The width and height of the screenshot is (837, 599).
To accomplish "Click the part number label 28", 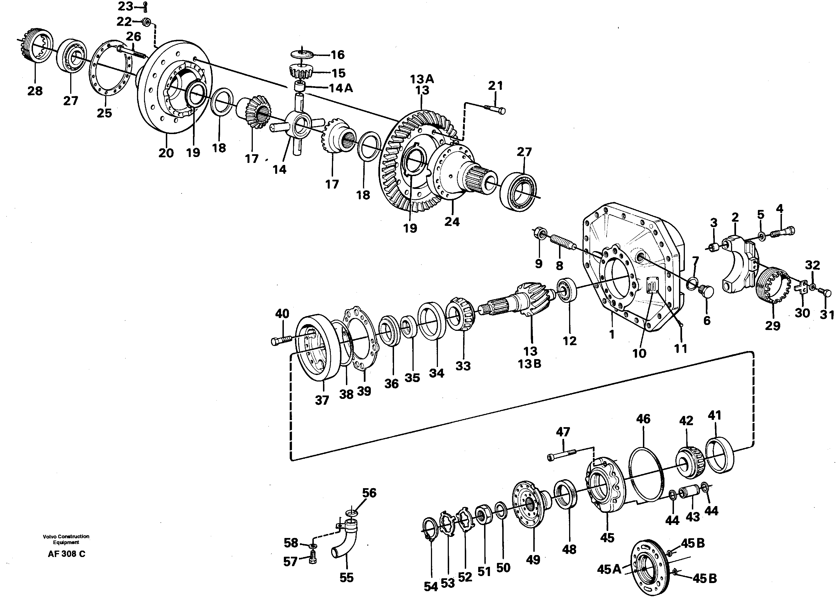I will coord(35,91).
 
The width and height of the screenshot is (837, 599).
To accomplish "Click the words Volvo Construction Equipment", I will coord(66,539).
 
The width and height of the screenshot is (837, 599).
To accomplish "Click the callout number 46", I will coord(643,419).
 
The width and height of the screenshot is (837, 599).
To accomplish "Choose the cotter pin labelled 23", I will coord(145,6).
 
